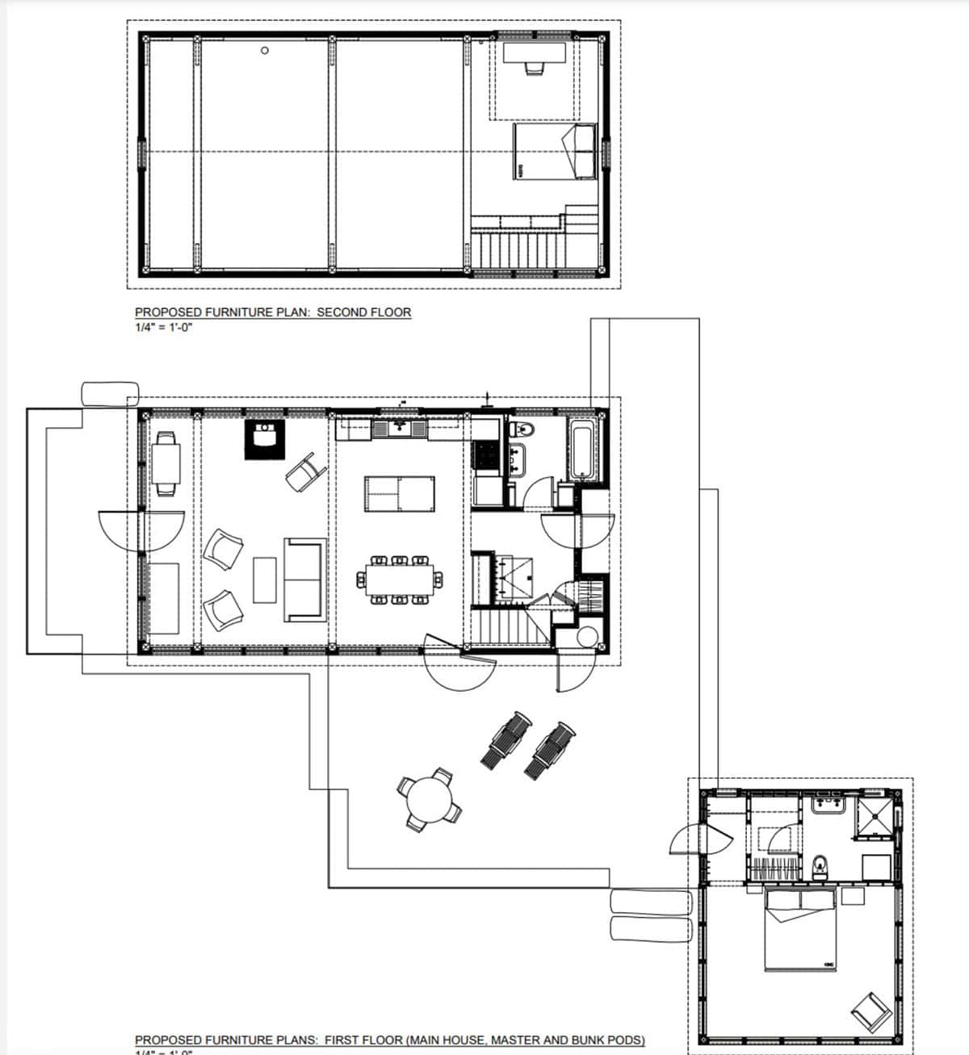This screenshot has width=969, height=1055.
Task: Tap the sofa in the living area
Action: [305, 580]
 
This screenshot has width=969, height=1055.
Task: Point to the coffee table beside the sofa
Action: [265, 580]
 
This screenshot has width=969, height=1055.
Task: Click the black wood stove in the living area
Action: [265, 438]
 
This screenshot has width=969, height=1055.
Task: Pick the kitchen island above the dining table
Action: [399, 494]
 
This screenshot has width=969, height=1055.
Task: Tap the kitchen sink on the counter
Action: [399, 427]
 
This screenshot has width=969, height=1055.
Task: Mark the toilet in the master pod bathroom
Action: [820, 866]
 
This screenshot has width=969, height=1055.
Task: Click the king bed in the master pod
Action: [799, 929]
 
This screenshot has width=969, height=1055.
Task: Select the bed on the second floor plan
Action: [555, 151]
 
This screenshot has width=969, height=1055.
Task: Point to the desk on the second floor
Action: [535, 53]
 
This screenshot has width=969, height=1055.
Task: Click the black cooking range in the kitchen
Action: [487, 456]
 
